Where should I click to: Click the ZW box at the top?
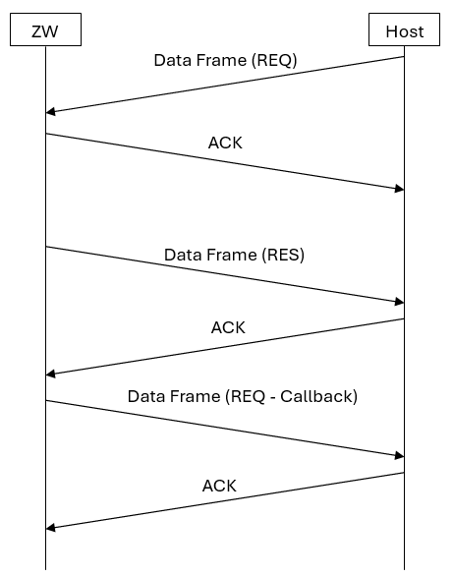pyautogui.click(x=45, y=30)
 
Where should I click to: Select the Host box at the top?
pyautogui.click(x=404, y=30)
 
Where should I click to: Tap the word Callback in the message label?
pyautogui.click(x=317, y=397)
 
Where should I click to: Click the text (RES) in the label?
pyautogui.click(x=283, y=255)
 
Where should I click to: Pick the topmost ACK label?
pyautogui.click(x=225, y=144)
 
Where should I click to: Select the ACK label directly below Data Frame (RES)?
pyautogui.click(x=228, y=327)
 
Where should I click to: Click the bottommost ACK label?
pyautogui.click(x=219, y=486)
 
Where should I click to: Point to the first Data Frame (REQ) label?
pyautogui.click(x=225, y=60)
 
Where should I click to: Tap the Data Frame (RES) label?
pyautogui.click(x=234, y=255)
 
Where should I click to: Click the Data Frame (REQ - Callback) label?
pyautogui.click(x=242, y=397)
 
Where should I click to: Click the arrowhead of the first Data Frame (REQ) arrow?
pyautogui.click(x=50, y=112)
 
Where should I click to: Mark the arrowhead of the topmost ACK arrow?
pyautogui.click(x=399, y=189)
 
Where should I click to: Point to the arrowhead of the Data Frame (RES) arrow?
pyautogui.click(x=399, y=302)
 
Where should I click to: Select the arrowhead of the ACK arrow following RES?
pyautogui.click(x=50, y=374)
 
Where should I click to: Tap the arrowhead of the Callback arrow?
pyautogui.click(x=399, y=455)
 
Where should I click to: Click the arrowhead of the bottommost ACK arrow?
pyautogui.click(x=50, y=528)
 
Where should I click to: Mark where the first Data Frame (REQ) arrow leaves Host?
pyautogui.click(x=404, y=57)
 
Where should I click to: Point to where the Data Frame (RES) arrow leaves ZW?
pyautogui.click(x=45, y=247)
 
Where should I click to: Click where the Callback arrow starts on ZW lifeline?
pyautogui.click(x=45, y=400)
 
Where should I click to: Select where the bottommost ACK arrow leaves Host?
pyautogui.click(x=404, y=473)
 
